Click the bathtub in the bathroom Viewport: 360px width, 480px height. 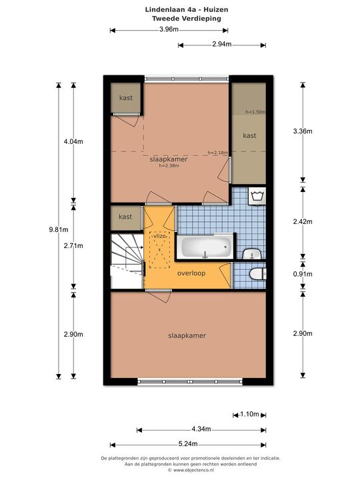pyautogui.click(x=207, y=247)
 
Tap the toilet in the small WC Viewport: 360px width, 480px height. pyautogui.click(x=257, y=274)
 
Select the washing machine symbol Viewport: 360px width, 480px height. pyautogui.click(x=257, y=195)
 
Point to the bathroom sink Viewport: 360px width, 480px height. pyautogui.click(x=252, y=254)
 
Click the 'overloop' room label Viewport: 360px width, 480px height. pyautogui.click(x=191, y=273)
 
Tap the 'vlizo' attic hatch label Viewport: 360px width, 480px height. pyautogui.click(x=159, y=236)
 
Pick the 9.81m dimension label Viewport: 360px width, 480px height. pyautogui.click(x=59, y=229)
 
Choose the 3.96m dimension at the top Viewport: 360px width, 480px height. pyautogui.click(x=169, y=29)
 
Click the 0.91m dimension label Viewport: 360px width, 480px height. pyautogui.click(x=303, y=274)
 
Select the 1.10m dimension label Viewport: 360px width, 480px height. pyautogui.click(x=249, y=414)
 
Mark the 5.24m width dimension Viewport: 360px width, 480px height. pyautogui.click(x=188, y=444)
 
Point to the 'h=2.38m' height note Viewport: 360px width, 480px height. pyautogui.click(x=169, y=165)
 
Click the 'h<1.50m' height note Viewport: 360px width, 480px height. pyautogui.click(x=255, y=112)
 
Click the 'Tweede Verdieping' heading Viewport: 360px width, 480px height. pyautogui.click(x=187, y=19)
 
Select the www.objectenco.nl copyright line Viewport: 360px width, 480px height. pyautogui.click(x=191, y=470)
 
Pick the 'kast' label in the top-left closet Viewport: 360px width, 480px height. pyautogui.click(x=126, y=97)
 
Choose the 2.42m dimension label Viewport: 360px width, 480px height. pyautogui.click(x=303, y=221)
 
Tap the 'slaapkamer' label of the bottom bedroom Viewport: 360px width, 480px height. pyautogui.click(x=187, y=335)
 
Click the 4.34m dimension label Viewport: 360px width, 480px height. pyautogui.click(x=201, y=429)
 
